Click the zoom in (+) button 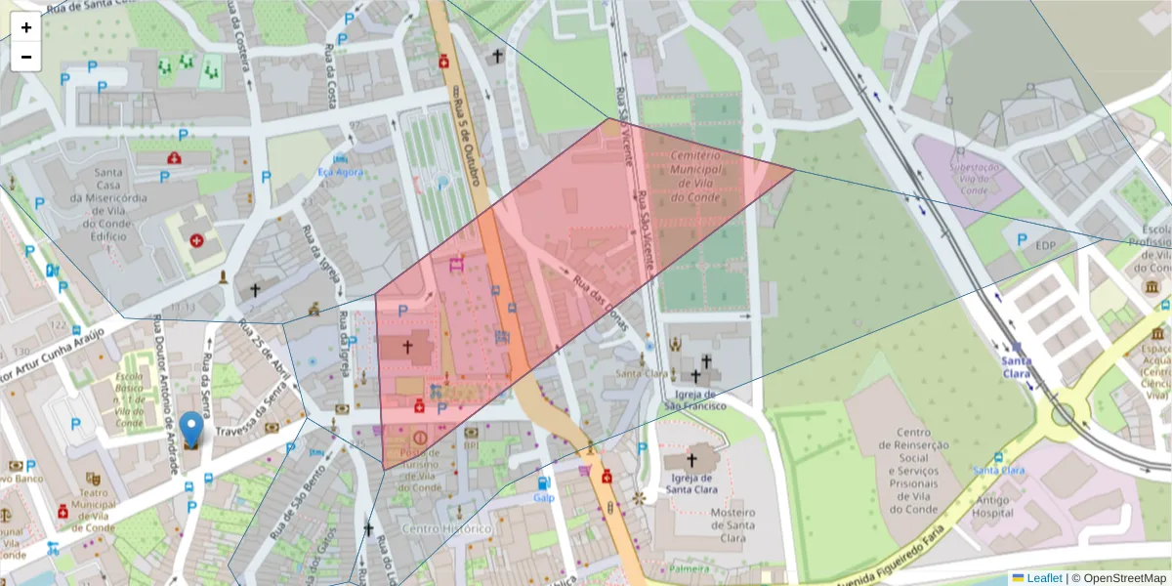pyautogui.click(x=26, y=27)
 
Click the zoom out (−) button pyautogui.click(x=26, y=57)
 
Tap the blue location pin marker pyautogui.click(x=192, y=431)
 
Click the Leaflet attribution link pyautogui.click(x=1043, y=578)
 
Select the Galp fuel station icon pyautogui.click(x=543, y=481)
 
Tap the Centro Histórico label pyautogui.click(x=446, y=528)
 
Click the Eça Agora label pyautogui.click(x=340, y=172)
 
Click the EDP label pyautogui.click(x=1046, y=245)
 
